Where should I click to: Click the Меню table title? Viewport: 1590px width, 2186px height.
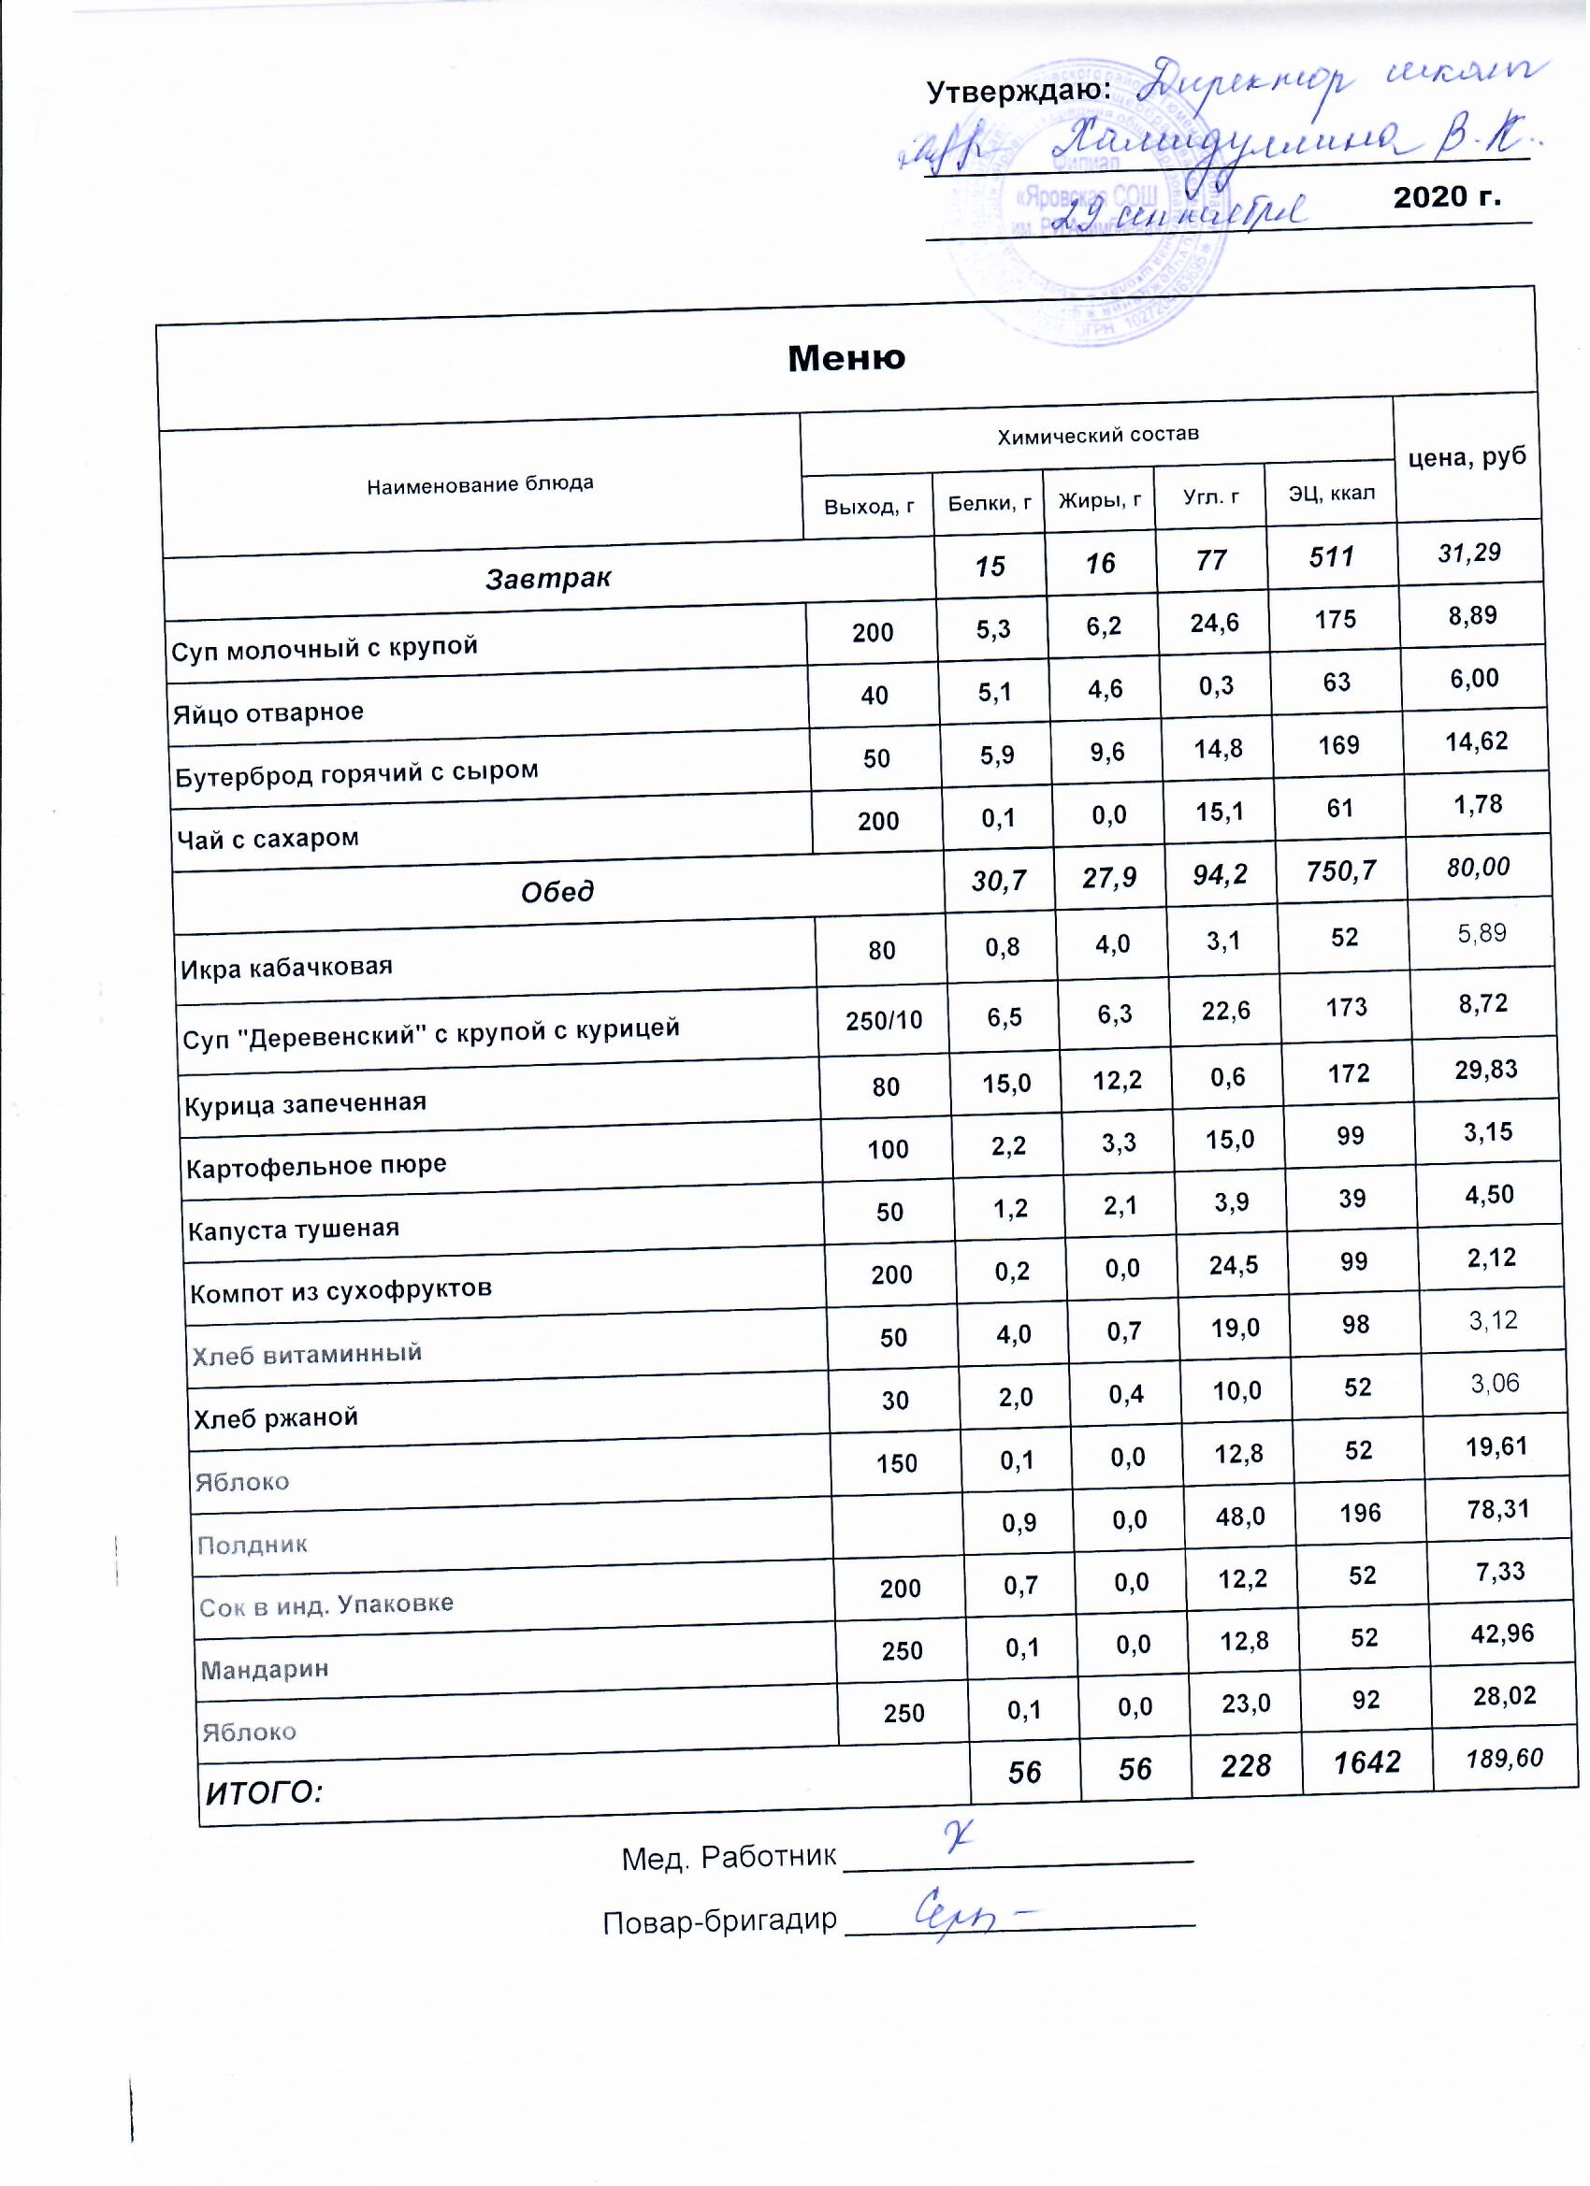click(847, 358)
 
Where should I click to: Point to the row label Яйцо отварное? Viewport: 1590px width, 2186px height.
click(269, 714)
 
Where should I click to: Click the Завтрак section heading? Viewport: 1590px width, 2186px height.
click(549, 579)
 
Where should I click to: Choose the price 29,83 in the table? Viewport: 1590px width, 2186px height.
click(1489, 1070)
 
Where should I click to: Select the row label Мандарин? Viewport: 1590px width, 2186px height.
click(266, 1670)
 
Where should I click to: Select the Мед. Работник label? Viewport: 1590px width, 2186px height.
click(730, 1860)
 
